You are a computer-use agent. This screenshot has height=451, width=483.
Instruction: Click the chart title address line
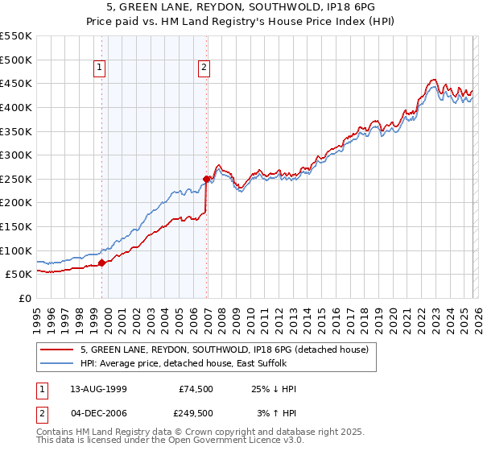tap(241, 6)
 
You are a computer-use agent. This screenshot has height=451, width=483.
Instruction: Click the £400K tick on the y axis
tap(16, 107)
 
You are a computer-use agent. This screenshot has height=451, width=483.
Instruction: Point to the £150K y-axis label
tap(16, 226)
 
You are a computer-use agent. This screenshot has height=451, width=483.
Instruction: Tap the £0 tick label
tap(24, 298)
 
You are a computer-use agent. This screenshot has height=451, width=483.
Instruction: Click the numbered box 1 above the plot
tap(100, 68)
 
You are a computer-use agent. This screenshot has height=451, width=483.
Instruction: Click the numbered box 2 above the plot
tap(204, 68)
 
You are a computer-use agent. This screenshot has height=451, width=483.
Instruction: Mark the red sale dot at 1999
tap(101, 263)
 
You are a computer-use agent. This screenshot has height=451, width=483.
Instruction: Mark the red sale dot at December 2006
tap(206, 179)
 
